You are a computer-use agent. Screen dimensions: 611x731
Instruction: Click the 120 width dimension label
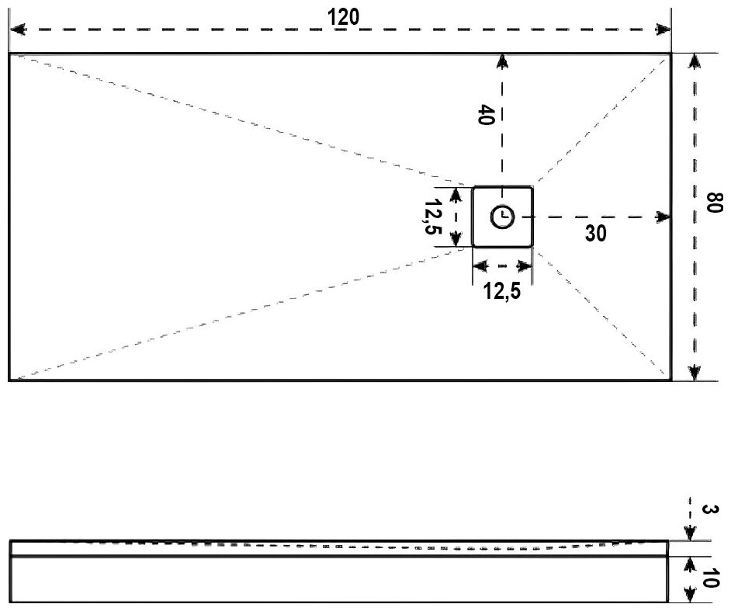pyautogui.click(x=344, y=17)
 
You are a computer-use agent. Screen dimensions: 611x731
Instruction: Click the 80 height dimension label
pyautogui.click(x=714, y=206)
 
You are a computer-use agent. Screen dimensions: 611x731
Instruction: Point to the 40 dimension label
pyautogui.click(x=486, y=116)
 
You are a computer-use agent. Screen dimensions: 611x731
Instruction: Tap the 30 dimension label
pyautogui.click(x=596, y=233)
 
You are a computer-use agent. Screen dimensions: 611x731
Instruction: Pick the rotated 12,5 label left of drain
pyautogui.click(x=434, y=218)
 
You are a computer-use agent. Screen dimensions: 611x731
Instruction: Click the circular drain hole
pyautogui.click(x=502, y=217)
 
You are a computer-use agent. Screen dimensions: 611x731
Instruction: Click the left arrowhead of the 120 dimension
pyautogui.click(x=16, y=30)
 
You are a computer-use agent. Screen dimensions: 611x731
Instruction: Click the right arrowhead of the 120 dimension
pyautogui.click(x=663, y=30)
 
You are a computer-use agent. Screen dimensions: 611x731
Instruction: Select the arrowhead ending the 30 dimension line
pyautogui.click(x=663, y=217)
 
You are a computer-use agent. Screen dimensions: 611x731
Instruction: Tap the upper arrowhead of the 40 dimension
pyautogui.click(x=503, y=61)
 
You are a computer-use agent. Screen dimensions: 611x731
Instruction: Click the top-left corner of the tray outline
pyautogui.click(x=9, y=54)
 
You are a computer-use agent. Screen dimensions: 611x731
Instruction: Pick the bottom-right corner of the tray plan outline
pyautogui.click(x=670, y=380)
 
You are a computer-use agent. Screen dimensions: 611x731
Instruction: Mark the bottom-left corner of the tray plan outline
pyautogui.click(x=9, y=380)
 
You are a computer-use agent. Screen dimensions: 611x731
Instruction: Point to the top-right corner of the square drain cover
pyautogui.click(x=532, y=187)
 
